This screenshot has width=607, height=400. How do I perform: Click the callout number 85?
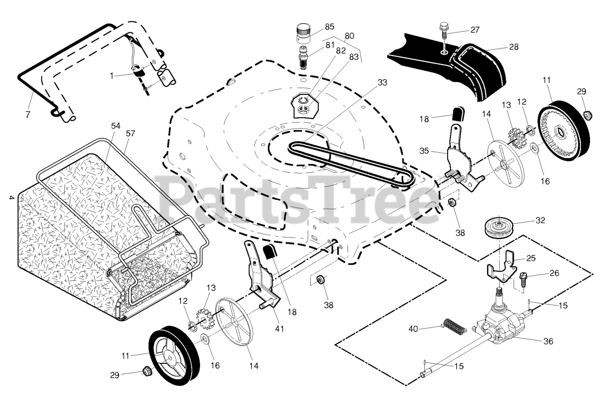[330, 27]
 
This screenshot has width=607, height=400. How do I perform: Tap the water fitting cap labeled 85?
[304, 33]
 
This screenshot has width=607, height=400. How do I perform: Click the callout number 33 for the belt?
[382, 82]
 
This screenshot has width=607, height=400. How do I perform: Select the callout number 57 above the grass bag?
[130, 133]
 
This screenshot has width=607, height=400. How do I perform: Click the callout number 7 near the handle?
[28, 114]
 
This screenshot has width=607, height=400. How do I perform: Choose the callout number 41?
[279, 329]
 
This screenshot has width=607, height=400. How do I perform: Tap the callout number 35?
[424, 150]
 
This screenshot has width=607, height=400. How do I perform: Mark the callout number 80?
[349, 36]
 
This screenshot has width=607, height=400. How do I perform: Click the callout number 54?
[116, 126]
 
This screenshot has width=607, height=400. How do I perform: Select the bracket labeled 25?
[500, 268]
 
